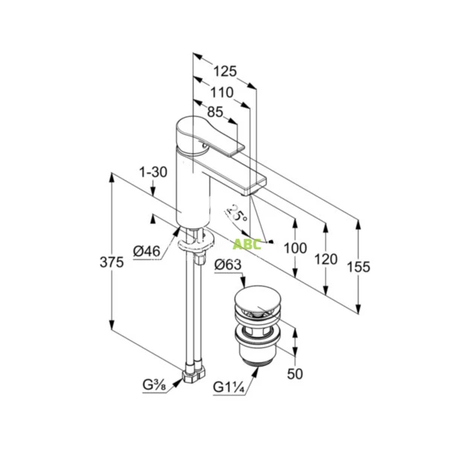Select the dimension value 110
coord(221,93)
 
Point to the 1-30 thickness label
coord(153,172)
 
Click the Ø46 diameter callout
coord(145,251)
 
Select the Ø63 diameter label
coord(227,264)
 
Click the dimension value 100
coord(295,248)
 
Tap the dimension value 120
coord(325,259)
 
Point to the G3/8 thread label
coord(154,386)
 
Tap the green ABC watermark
coord(246,244)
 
